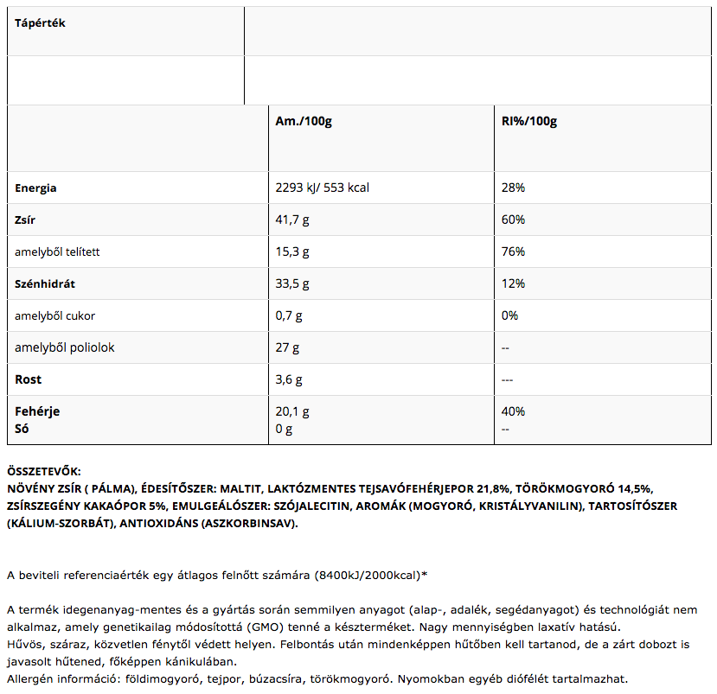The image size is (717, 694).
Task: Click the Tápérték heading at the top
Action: click(x=40, y=23)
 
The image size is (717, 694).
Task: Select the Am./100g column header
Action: click(x=304, y=121)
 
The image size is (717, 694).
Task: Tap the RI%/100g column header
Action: click(x=529, y=121)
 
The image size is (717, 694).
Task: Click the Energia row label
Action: click(x=35, y=188)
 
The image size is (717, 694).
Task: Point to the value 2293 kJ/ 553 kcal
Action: click(x=323, y=188)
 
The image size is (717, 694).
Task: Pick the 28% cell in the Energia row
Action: click(x=514, y=188)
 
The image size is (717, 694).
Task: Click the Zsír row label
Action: click(x=26, y=220)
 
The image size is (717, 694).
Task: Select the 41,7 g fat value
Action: click(x=291, y=220)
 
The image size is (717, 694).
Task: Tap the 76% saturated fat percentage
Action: click(x=514, y=251)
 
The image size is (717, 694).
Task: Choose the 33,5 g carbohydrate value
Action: click(x=291, y=283)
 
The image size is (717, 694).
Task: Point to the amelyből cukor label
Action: click(x=50, y=315)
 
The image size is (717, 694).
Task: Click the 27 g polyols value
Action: click(x=287, y=347)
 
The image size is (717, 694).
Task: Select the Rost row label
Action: click(x=28, y=379)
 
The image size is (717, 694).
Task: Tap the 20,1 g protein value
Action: click(x=291, y=411)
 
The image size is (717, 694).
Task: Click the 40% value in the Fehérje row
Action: click(x=514, y=411)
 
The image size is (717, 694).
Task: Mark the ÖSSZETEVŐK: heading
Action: click(x=43, y=471)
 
